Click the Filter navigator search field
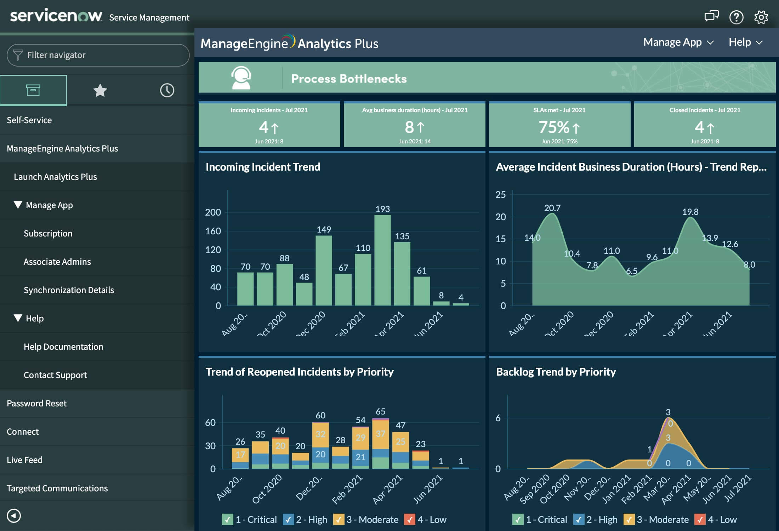point(98,55)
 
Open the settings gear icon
point(761,17)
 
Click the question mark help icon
point(736,17)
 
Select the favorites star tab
point(100,91)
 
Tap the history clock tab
point(167,91)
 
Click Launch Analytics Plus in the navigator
point(55,177)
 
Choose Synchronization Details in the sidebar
point(69,290)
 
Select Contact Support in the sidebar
point(55,375)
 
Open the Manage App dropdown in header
point(678,42)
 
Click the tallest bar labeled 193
point(382,260)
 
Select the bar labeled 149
point(324,270)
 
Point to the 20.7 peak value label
point(552,208)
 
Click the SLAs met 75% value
point(554,127)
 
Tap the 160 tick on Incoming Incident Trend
point(213,231)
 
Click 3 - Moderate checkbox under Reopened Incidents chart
point(339,520)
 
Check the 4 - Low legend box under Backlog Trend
point(700,520)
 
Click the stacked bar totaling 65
point(381,444)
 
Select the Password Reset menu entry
point(36,403)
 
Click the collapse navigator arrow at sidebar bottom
point(14,516)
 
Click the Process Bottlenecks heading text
point(349,79)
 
